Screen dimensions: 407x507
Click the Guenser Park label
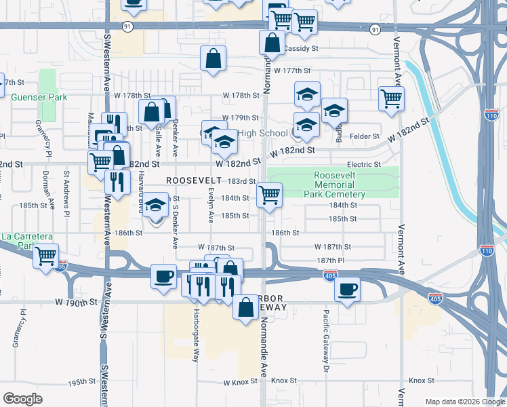point(39,97)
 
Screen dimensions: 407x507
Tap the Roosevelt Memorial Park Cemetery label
point(340,185)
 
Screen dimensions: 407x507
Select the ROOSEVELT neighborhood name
point(194,180)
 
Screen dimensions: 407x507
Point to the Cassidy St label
point(301,49)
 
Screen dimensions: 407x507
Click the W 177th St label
point(291,71)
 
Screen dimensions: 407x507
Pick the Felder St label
point(365,136)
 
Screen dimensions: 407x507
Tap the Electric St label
point(364,165)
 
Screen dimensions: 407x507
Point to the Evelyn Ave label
point(210,207)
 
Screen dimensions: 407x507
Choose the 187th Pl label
point(330,260)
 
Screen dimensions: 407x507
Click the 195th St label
point(81,382)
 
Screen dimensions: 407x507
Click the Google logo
point(22,399)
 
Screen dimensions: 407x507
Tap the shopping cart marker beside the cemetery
point(270,195)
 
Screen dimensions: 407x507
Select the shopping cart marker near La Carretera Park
point(45,256)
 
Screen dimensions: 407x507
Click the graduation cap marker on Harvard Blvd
point(156,206)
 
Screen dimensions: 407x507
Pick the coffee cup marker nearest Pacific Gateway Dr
point(347,289)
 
